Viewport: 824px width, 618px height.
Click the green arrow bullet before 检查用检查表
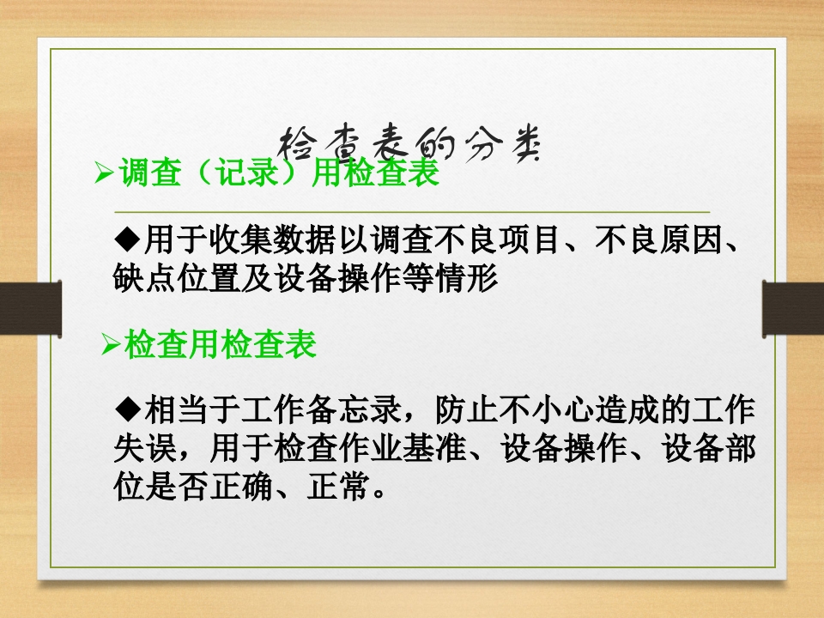coord(112,345)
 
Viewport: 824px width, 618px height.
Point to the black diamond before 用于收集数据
coord(126,237)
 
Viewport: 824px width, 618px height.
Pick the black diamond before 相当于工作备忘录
coord(126,407)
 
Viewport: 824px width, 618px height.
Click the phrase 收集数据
coord(250,238)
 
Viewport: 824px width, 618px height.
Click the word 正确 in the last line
coord(250,489)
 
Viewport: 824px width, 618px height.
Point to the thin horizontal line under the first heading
coord(412,210)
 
